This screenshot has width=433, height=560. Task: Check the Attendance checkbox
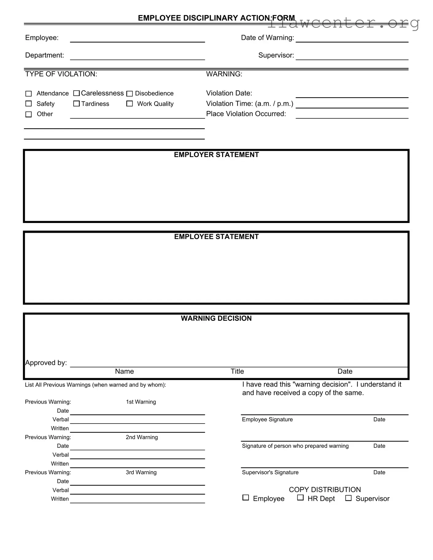point(29,94)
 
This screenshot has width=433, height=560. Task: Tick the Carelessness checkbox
point(77,93)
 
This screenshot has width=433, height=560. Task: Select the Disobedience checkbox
point(130,94)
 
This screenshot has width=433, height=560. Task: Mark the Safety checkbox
point(29,104)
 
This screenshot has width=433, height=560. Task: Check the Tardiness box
point(77,104)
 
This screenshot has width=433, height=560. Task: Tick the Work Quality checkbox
point(130,104)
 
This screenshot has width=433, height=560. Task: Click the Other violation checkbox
point(29,114)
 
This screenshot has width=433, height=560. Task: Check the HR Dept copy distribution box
point(300,498)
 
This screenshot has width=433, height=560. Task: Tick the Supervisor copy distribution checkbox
point(348,498)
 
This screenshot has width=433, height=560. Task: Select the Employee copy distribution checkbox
point(246,498)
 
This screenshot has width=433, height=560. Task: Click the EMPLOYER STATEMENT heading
point(216,155)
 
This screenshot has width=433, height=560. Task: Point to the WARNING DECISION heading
point(216,318)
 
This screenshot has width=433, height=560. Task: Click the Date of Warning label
point(267,38)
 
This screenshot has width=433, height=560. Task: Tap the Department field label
point(44,55)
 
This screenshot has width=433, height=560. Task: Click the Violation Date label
point(229,93)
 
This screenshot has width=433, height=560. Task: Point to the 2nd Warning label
point(142,437)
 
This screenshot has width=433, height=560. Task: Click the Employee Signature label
point(267,419)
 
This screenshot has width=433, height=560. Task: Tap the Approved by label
point(46,363)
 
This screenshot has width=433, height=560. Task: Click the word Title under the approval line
point(237,371)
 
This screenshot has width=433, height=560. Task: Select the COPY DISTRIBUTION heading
point(325,489)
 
